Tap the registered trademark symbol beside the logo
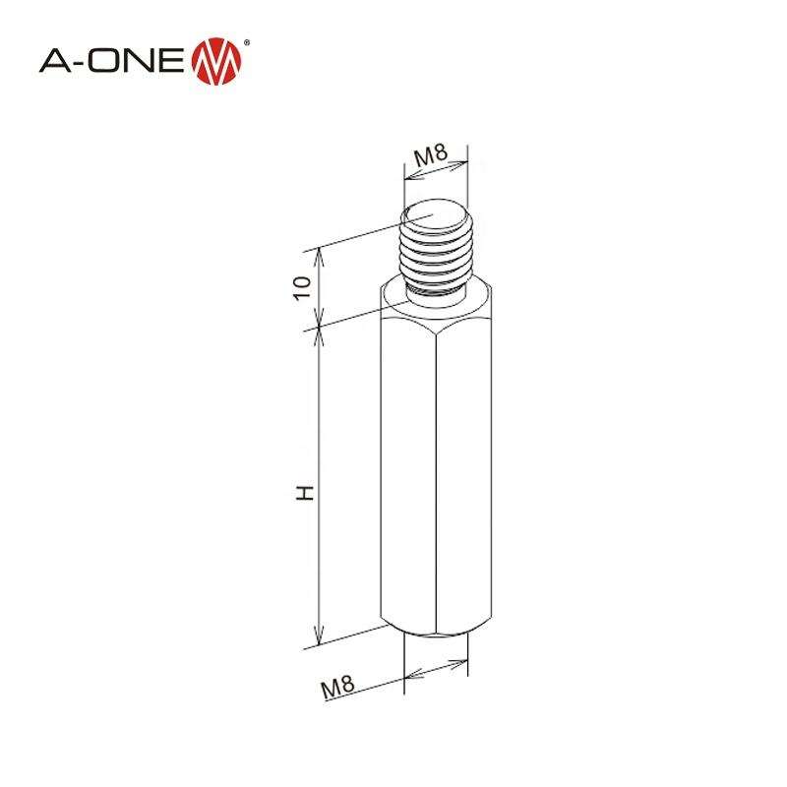point(246,41)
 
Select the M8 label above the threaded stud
point(431,154)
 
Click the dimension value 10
point(301,286)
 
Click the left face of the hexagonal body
point(407,482)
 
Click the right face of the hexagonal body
point(461,482)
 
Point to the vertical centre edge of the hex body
point(434,482)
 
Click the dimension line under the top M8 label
point(436,171)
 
